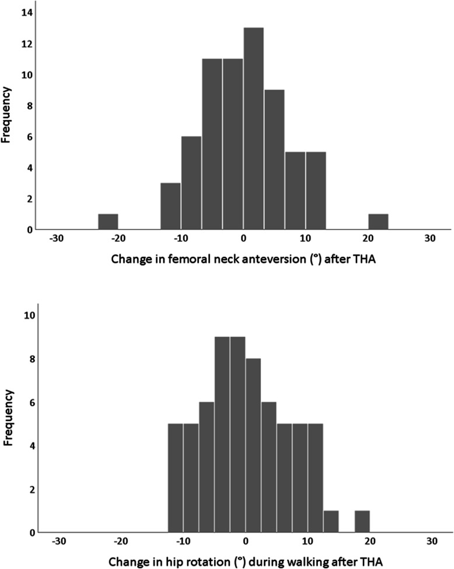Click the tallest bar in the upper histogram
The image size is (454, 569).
[253, 128]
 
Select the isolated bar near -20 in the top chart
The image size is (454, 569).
[108, 222]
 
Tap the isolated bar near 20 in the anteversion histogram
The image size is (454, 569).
[378, 222]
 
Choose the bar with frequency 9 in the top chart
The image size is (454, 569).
[274, 159]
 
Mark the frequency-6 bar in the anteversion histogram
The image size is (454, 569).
[191, 183]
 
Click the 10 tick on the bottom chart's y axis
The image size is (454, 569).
[28, 315]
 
